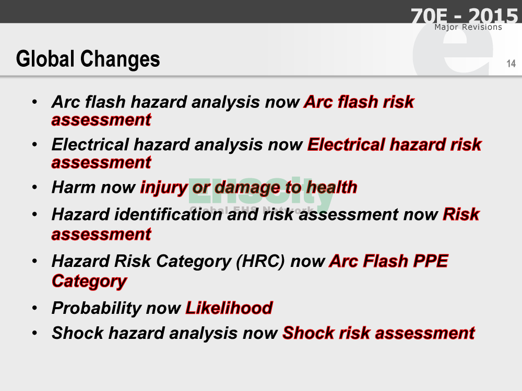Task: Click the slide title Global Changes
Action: (88, 59)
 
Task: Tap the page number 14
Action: (511, 64)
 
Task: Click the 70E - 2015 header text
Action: (464, 15)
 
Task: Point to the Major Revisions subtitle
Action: (468, 27)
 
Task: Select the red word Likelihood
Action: (229, 308)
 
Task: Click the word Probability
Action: (96, 309)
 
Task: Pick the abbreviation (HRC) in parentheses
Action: (260, 261)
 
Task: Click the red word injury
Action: (164, 188)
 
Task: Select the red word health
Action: (332, 187)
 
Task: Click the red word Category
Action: (89, 282)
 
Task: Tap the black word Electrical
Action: (90, 144)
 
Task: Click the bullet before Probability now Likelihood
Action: (34, 308)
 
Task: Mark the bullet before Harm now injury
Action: (34, 187)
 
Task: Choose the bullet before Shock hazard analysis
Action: (34, 333)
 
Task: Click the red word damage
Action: (247, 188)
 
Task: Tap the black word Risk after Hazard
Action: (133, 261)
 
